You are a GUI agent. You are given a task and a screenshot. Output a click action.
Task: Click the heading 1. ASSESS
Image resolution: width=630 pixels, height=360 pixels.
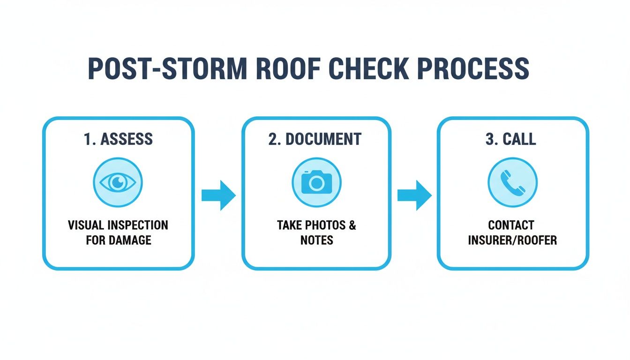pyautogui.click(x=118, y=139)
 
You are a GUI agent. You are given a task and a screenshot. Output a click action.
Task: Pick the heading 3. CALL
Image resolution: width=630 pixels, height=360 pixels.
pyautogui.click(x=512, y=139)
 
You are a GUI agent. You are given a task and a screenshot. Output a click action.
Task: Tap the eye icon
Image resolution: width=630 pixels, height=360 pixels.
pyautogui.click(x=118, y=182)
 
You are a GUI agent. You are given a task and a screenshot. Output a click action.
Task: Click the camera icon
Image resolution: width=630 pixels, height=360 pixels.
pyautogui.click(x=316, y=182)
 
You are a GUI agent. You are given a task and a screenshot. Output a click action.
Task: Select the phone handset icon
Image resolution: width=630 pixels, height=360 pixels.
pyautogui.click(x=513, y=182)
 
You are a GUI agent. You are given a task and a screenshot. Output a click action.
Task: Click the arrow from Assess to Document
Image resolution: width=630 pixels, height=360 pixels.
pyautogui.click(x=218, y=195)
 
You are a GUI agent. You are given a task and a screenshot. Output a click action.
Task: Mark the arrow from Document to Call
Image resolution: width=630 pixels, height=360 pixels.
pyautogui.click(x=414, y=195)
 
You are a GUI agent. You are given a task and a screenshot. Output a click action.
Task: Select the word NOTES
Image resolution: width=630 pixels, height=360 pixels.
pyautogui.click(x=316, y=240)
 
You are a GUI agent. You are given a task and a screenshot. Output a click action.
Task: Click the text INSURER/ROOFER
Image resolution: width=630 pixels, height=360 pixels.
pyautogui.click(x=512, y=240)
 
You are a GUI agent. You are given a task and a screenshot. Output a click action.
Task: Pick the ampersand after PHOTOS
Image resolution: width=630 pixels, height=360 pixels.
pyautogui.click(x=352, y=225)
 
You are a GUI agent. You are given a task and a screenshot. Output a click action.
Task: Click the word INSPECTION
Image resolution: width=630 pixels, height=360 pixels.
pyautogui.click(x=137, y=225)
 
